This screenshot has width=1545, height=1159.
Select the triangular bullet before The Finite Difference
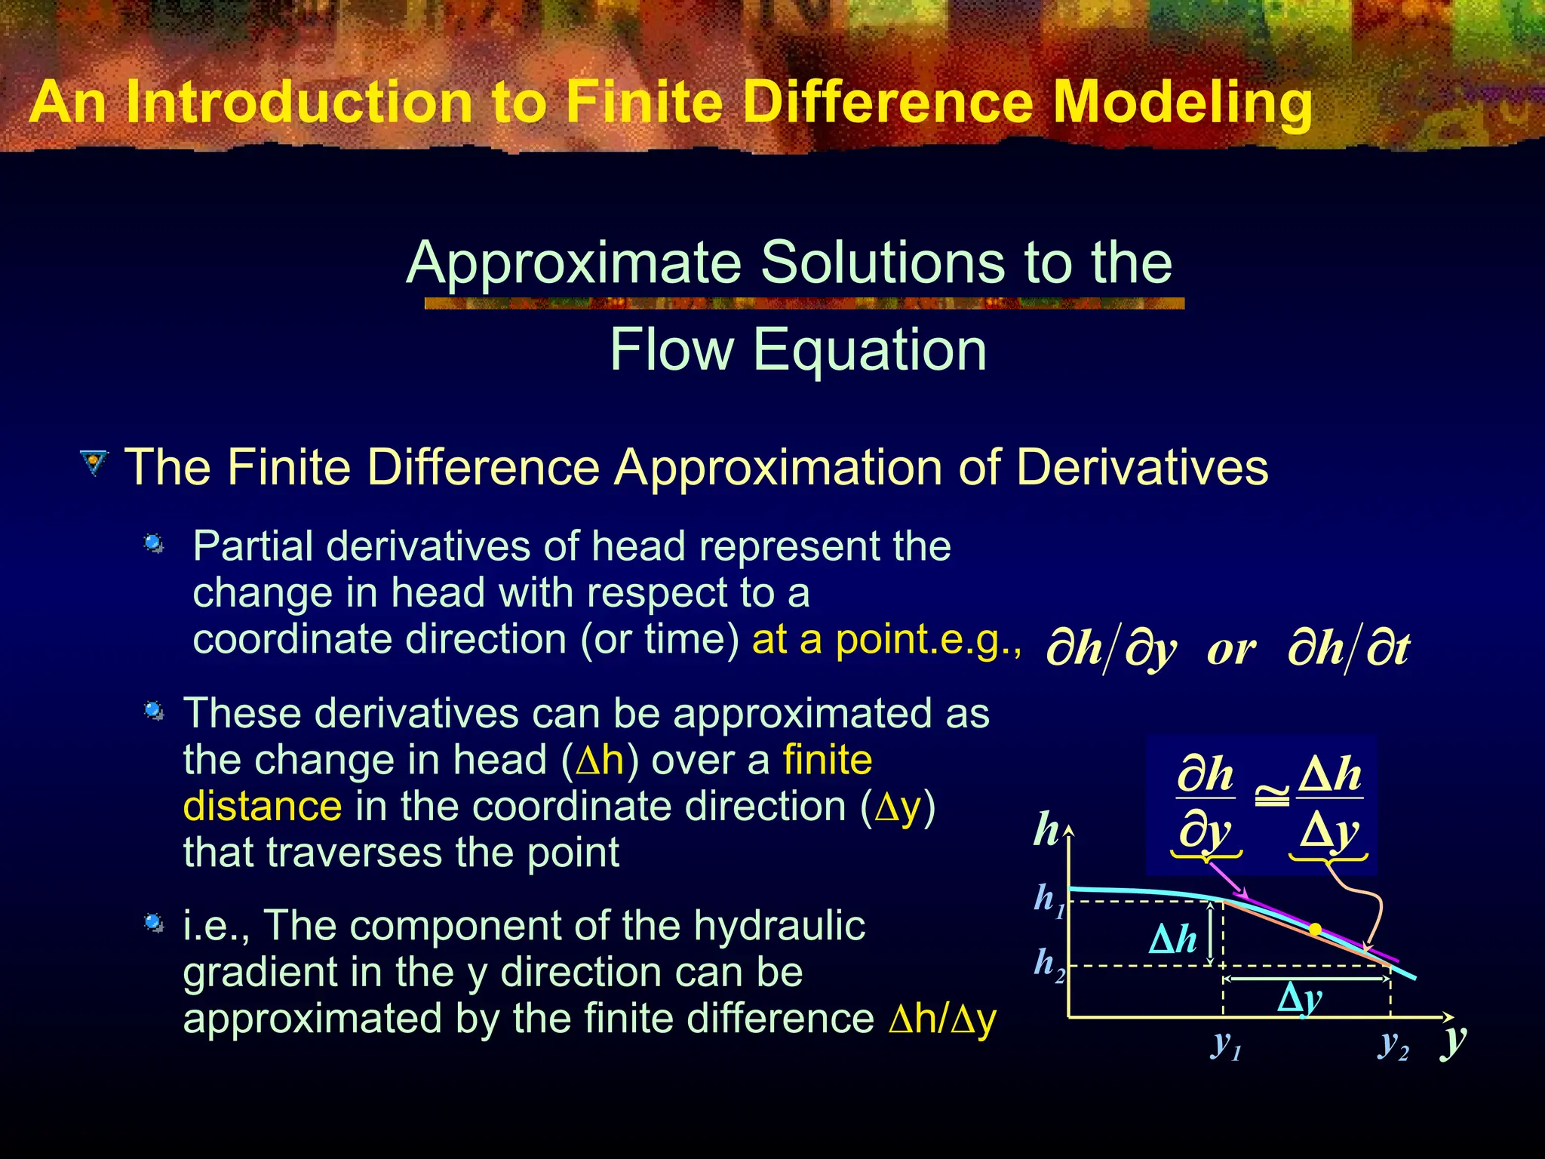pyautogui.click(x=94, y=463)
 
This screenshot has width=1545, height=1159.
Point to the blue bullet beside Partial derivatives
pyautogui.click(x=154, y=543)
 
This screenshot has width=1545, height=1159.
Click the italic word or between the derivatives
pyautogui.click(x=1232, y=648)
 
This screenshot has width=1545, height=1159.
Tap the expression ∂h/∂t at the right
pyautogui.click(x=1348, y=648)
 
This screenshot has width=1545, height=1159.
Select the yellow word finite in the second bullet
pyautogui.click(x=828, y=760)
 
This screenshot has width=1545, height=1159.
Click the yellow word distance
pyautogui.click(x=263, y=806)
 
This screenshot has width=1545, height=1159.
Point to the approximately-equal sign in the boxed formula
pyautogui.click(x=1272, y=797)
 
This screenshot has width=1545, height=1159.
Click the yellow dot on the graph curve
pyautogui.click(x=1315, y=930)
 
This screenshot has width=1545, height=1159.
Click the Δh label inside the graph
pyautogui.click(x=1172, y=940)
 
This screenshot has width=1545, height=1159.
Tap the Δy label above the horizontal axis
pyautogui.click(x=1299, y=999)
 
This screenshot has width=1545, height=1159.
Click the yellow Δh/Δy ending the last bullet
pyautogui.click(x=943, y=1019)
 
